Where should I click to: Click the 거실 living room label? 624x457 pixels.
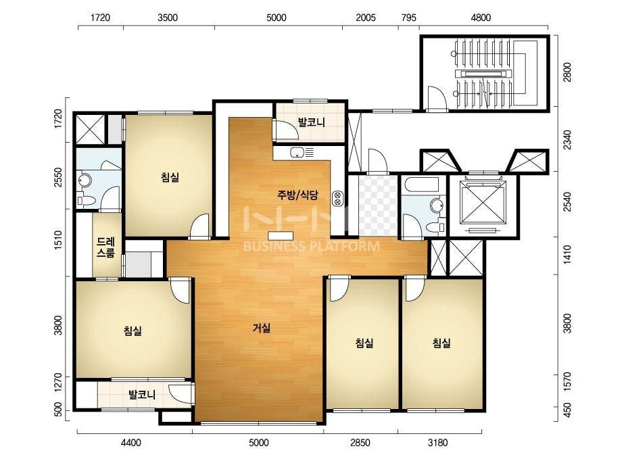[x=262, y=328]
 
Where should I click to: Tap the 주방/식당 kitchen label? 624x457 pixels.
[x=297, y=195]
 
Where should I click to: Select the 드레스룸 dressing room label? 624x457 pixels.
[x=105, y=247]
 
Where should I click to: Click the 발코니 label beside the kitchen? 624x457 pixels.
[x=312, y=122]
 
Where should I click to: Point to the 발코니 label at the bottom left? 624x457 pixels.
[x=142, y=395]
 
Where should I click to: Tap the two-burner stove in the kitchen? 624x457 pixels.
[x=338, y=199]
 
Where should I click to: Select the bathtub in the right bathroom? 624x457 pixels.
[x=421, y=185]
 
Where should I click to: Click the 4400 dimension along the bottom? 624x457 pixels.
[x=131, y=443]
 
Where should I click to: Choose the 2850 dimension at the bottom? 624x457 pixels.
[x=360, y=443]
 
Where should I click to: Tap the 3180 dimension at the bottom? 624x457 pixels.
[x=437, y=443]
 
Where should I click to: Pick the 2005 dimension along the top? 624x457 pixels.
[x=365, y=18]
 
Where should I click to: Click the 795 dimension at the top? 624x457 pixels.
[x=409, y=18]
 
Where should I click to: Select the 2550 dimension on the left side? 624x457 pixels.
[x=58, y=177]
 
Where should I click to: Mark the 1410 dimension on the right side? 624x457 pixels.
[x=567, y=255]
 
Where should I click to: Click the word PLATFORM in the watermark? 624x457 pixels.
[x=345, y=246]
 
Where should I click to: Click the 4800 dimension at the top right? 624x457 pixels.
[x=480, y=18]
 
